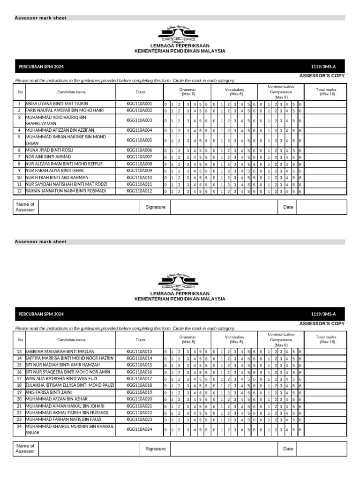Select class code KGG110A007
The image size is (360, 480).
coord(139,157)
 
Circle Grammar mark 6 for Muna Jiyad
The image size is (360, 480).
coord(206,150)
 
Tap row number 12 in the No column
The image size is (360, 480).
coord(20,191)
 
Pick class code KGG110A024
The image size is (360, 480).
coord(139,429)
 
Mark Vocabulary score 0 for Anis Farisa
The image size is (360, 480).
coord(214,393)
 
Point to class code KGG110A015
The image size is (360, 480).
coord(139,365)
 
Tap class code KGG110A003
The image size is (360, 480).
coord(139,120)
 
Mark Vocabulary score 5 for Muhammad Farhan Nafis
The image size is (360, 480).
coord(248,420)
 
